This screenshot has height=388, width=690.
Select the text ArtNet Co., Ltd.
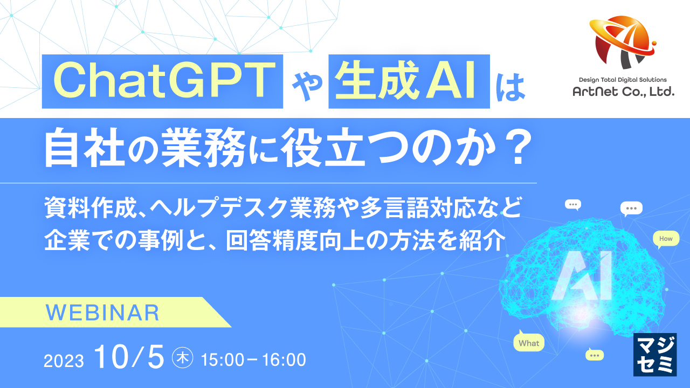tap(623, 93)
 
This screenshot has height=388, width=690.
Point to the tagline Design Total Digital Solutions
tap(623, 80)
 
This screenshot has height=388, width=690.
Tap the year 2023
tap(64, 361)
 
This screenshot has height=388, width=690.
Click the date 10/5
tap(128, 358)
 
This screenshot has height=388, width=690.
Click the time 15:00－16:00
tap(253, 359)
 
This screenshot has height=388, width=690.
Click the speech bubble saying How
tap(666, 239)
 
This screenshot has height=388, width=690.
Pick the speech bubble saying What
tap(528, 343)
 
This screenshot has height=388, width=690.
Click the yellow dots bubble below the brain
tap(595, 355)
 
